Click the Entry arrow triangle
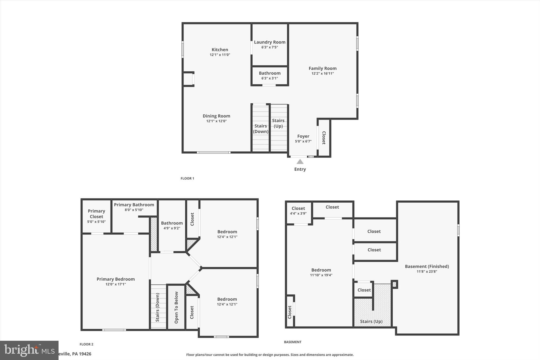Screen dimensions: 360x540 (x=300, y=162)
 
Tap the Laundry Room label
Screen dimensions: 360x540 (x=269, y=42)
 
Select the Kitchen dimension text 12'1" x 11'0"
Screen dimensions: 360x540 (x=220, y=55)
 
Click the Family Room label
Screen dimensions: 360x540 (x=322, y=68)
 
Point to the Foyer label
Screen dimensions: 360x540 (x=303, y=136)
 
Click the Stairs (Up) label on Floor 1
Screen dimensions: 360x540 (x=278, y=123)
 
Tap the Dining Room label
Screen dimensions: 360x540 (x=216, y=116)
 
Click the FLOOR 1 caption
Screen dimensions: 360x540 (x=187, y=179)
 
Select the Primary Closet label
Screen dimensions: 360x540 (x=96, y=214)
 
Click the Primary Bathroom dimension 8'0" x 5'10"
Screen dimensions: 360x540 (x=134, y=210)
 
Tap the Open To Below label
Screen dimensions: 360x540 (x=176, y=308)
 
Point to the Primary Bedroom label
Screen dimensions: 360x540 (x=115, y=279)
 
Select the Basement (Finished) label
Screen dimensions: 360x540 (x=427, y=266)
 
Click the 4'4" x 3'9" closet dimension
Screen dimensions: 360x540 (x=298, y=214)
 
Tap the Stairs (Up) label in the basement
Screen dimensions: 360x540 (x=371, y=321)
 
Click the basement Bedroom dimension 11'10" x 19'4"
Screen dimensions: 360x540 (x=321, y=275)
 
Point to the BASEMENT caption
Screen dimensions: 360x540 (x=292, y=342)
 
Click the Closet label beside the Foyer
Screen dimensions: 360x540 (x=324, y=138)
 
